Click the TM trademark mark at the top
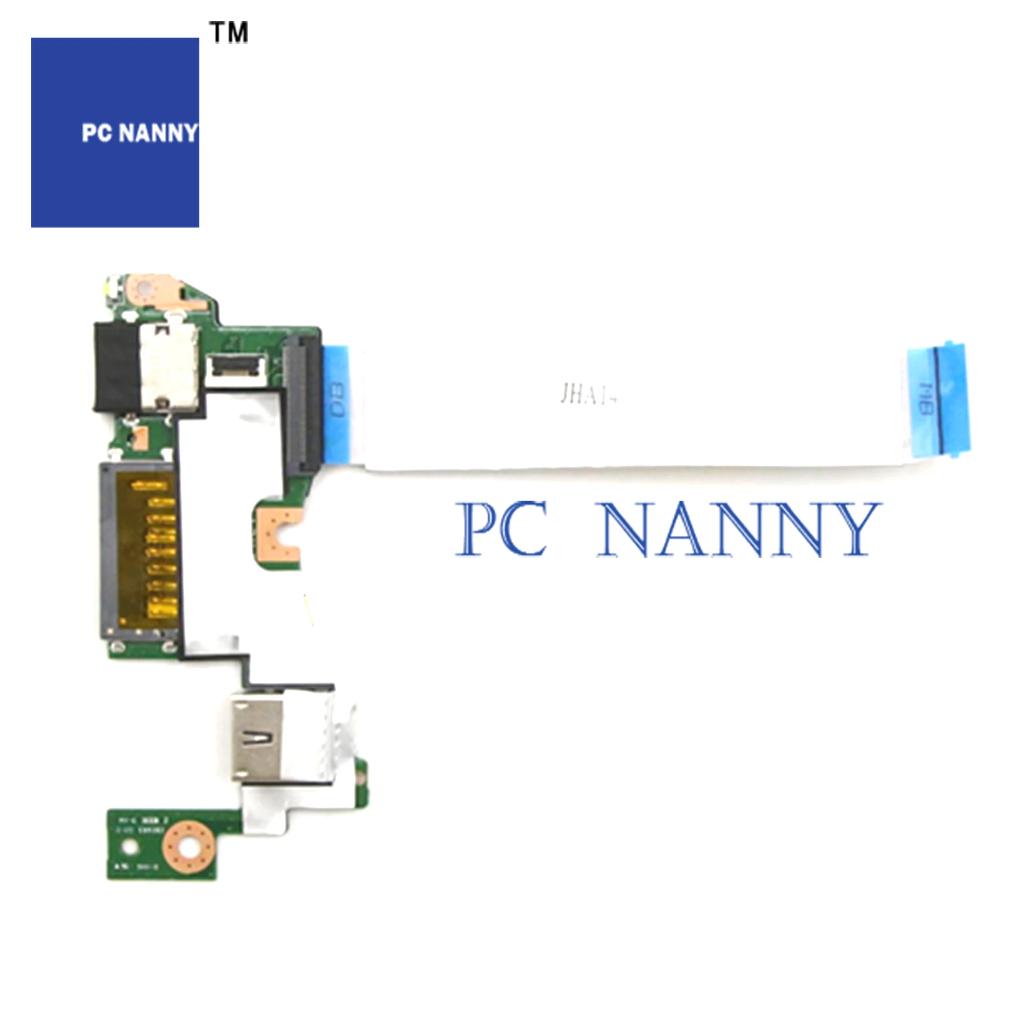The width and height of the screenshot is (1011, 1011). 229,32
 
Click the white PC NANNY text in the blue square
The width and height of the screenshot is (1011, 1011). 139,134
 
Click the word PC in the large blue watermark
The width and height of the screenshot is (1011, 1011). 502,529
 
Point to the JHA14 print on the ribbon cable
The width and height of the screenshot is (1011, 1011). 588,395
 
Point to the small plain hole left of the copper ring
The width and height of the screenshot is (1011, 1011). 129,845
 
